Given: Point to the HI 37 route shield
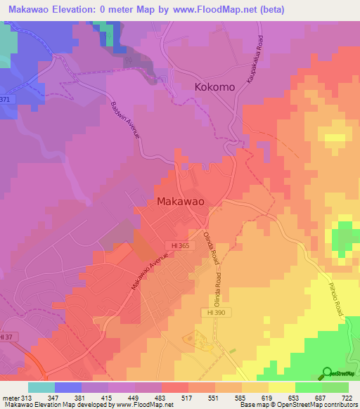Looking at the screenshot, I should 6,337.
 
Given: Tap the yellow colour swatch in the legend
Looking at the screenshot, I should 282,387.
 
